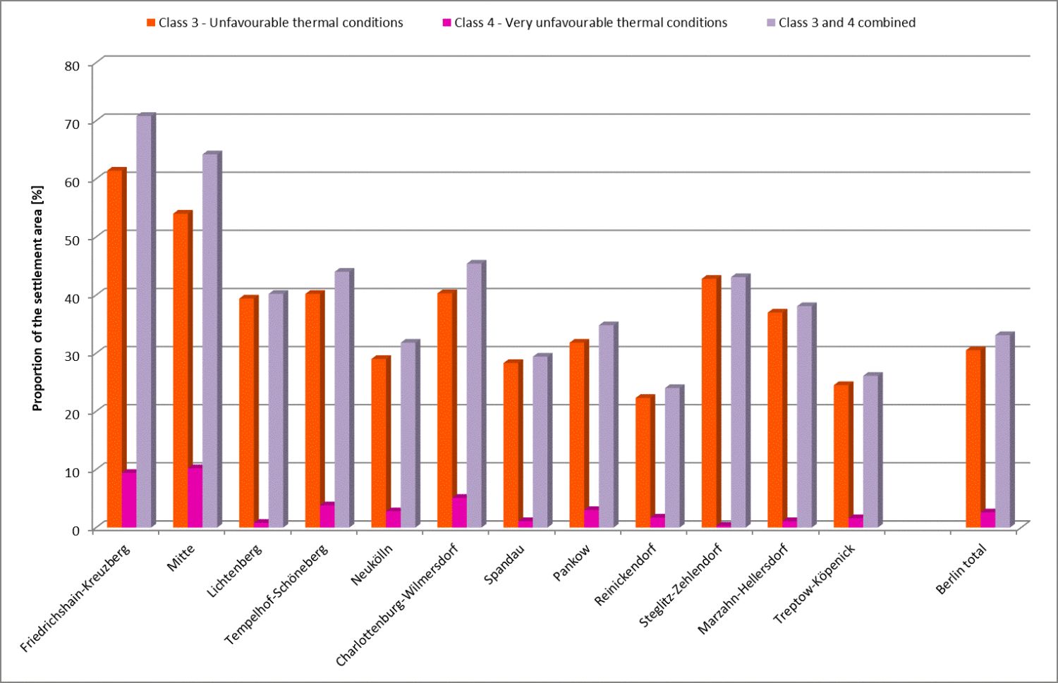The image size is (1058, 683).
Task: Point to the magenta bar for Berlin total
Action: tap(987, 519)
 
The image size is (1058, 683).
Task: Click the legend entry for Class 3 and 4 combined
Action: tap(846, 23)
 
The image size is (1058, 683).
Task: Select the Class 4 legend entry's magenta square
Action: tap(446, 23)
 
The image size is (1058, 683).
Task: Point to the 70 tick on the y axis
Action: tap(73, 123)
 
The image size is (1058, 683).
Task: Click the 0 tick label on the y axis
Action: tap(75, 530)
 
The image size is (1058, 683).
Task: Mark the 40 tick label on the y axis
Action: tap(73, 297)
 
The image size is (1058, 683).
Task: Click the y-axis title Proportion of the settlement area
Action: tap(37, 298)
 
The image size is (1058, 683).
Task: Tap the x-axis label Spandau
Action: tap(504, 565)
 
